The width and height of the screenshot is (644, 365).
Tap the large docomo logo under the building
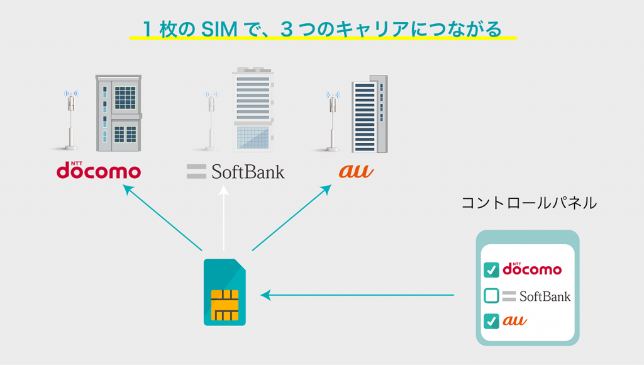click(x=99, y=171)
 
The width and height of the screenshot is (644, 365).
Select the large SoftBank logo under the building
click(x=236, y=171)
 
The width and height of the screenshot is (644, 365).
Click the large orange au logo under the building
click(x=356, y=171)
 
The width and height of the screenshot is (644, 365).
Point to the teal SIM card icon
click(x=225, y=292)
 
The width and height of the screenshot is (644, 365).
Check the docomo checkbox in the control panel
click(x=491, y=270)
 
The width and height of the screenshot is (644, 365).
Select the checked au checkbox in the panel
click(x=491, y=321)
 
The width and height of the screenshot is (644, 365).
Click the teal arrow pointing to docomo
click(x=162, y=218)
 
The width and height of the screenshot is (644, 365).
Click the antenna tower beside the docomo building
click(x=71, y=120)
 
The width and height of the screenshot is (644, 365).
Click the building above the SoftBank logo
click(x=253, y=110)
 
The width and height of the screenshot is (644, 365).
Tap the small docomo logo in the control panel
click(x=531, y=269)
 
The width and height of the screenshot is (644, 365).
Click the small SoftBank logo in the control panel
click(x=536, y=296)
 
